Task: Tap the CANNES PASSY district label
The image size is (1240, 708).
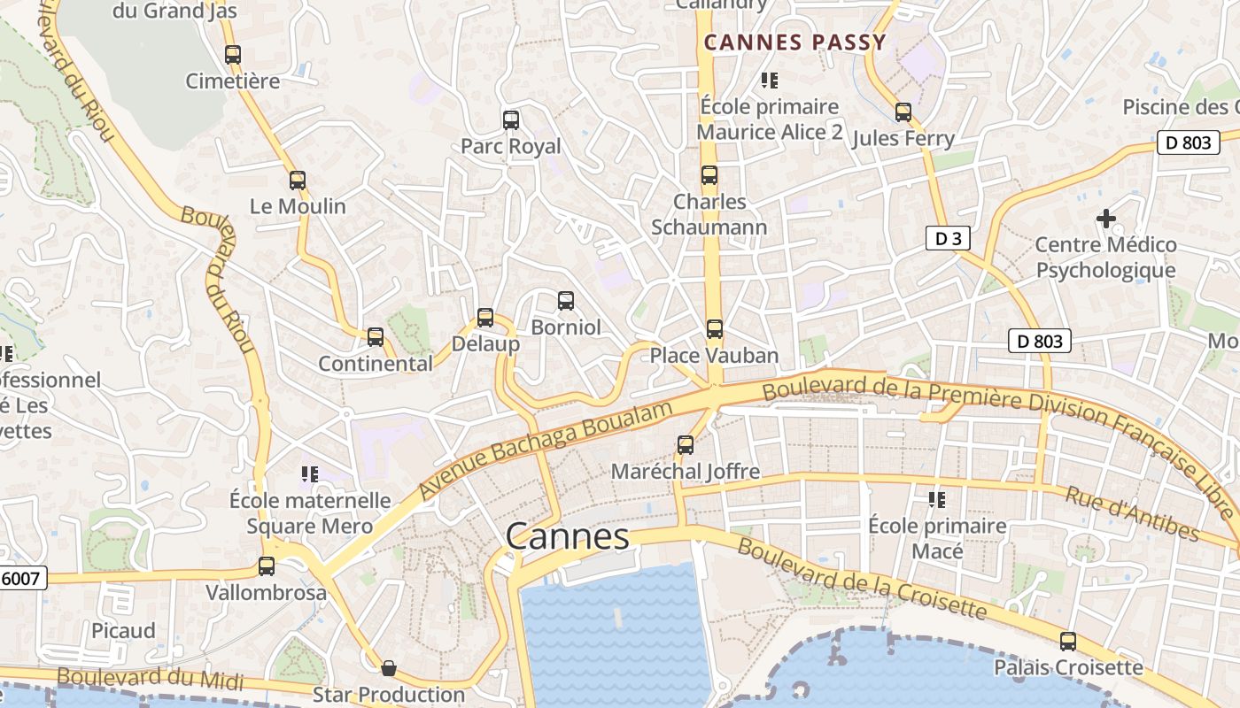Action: pos(794,42)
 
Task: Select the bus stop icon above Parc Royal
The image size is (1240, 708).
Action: pos(510,119)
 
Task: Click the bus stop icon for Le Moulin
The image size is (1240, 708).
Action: pos(298,181)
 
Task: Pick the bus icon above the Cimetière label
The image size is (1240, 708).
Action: pos(233,54)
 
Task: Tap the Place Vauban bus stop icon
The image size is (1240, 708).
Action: pos(715,329)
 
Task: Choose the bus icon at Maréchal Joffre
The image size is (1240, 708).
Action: pos(686,445)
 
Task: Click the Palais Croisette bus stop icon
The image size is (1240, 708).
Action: pos(1068,642)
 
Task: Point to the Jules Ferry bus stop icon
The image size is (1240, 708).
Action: pos(903,112)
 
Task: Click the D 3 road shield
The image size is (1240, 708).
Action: pos(948,238)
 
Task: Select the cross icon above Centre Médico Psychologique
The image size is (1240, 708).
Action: pos(1106,218)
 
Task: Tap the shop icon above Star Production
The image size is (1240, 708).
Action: pos(388,668)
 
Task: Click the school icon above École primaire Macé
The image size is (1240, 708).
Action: pos(937,500)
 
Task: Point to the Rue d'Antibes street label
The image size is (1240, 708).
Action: pos(1132,513)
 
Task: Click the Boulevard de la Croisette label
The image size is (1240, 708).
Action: pos(861,580)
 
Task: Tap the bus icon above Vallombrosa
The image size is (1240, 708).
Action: pos(267,566)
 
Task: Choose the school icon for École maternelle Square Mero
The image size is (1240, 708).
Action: pos(310,474)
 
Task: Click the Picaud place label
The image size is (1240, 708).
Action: pos(123,631)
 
